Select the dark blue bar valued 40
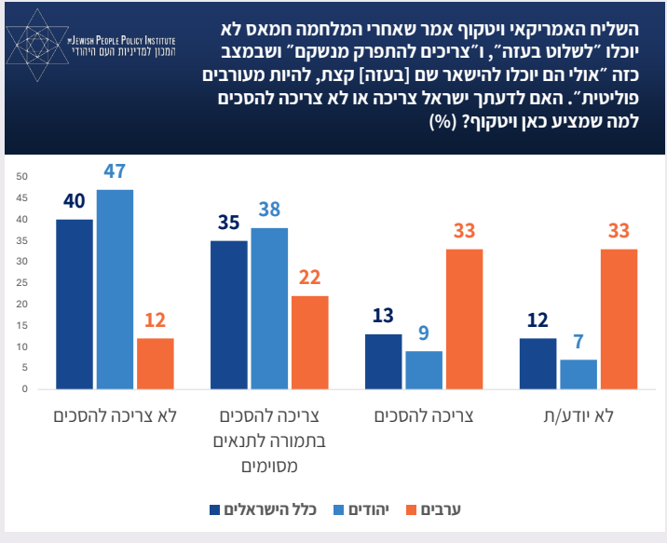point(74,304)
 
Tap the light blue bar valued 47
point(115,289)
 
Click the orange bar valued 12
point(156,363)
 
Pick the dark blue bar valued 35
point(229,315)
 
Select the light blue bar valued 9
point(424,370)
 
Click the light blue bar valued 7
point(579,373)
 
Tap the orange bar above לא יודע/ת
point(619,319)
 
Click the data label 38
point(269,210)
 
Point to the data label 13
point(384,316)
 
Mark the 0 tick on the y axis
point(27,389)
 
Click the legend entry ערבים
point(447,509)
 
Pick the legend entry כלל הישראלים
point(269,509)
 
